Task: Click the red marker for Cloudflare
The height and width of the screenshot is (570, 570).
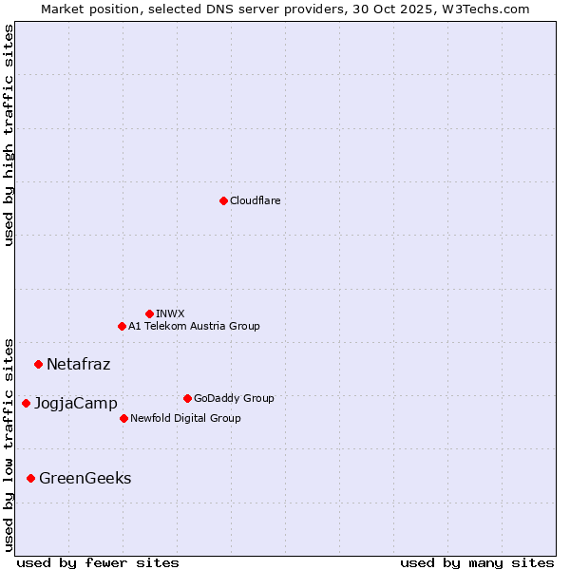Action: tap(223, 200)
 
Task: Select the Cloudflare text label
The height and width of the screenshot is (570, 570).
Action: tap(256, 200)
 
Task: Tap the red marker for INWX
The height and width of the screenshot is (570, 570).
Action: tap(149, 313)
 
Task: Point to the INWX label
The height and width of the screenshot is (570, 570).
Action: tap(170, 313)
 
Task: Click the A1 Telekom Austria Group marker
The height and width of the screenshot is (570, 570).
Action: tap(122, 326)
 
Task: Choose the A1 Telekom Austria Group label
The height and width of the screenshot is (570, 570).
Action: tap(194, 326)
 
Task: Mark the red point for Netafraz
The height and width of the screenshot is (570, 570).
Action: tap(38, 364)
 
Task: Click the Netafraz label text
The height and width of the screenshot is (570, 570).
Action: tap(78, 364)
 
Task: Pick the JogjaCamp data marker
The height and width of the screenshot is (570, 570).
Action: tap(26, 403)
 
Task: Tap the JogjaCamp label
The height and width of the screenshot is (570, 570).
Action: tap(76, 403)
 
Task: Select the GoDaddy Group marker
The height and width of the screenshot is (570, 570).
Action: tap(187, 398)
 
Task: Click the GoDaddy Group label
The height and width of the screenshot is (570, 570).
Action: tap(234, 398)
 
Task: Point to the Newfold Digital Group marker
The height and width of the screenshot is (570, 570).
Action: tap(123, 418)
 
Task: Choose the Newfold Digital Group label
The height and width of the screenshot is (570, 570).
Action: tap(185, 418)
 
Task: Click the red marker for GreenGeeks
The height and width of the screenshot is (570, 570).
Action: tap(30, 478)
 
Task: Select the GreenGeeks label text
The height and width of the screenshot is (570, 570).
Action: tap(85, 478)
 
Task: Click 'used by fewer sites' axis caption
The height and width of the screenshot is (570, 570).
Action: tap(98, 562)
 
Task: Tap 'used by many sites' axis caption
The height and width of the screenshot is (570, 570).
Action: tap(477, 562)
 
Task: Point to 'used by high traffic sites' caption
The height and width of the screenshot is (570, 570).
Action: tap(9, 135)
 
